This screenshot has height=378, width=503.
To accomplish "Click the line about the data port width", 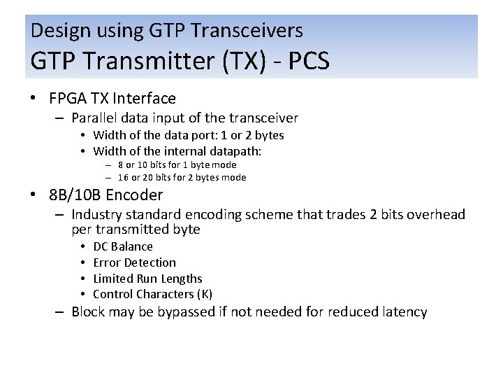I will (189, 135).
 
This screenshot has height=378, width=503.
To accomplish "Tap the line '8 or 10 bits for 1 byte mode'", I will (177, 165).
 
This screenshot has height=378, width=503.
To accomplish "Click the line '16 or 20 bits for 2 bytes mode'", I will (182, 178).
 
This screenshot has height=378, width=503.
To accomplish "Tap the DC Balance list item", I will (123, 246).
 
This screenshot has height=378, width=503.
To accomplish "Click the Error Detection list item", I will (134, 262).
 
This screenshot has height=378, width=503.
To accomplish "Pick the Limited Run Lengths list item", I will (147, 279).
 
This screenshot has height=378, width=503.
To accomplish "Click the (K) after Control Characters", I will (205, 295).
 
